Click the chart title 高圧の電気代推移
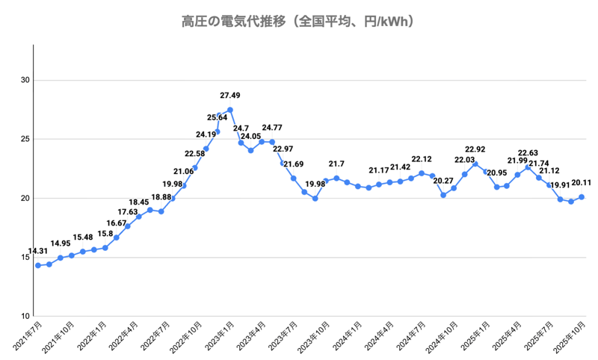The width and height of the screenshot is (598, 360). coord(299,21)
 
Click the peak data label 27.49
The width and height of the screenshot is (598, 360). coord(230,96)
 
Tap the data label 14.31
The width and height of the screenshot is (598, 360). coord(38,251)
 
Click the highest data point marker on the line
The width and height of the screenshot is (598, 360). coord(229,110)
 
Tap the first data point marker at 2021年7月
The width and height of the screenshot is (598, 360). coord(38,265)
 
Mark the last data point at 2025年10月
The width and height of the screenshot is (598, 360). coord(582,197)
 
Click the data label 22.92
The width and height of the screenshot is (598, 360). coord(475,149)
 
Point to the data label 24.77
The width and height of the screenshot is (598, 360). coord(272,128)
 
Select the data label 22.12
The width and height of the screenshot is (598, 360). coord(422,159)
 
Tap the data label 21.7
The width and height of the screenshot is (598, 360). coord(336,164)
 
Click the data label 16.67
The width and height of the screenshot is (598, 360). coord(117,223)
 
